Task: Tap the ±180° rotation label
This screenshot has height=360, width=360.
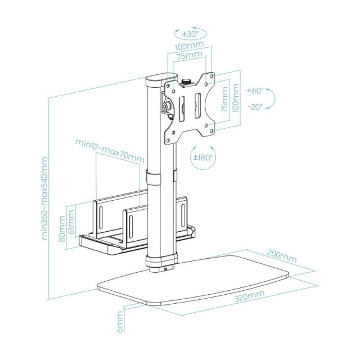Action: click(x=202, y=158)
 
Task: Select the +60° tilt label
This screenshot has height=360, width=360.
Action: click(x=255, y=90)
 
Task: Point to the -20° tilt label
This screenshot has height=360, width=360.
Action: click(x=255, y=107)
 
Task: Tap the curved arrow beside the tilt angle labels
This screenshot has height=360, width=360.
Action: click(x=272, y=99)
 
